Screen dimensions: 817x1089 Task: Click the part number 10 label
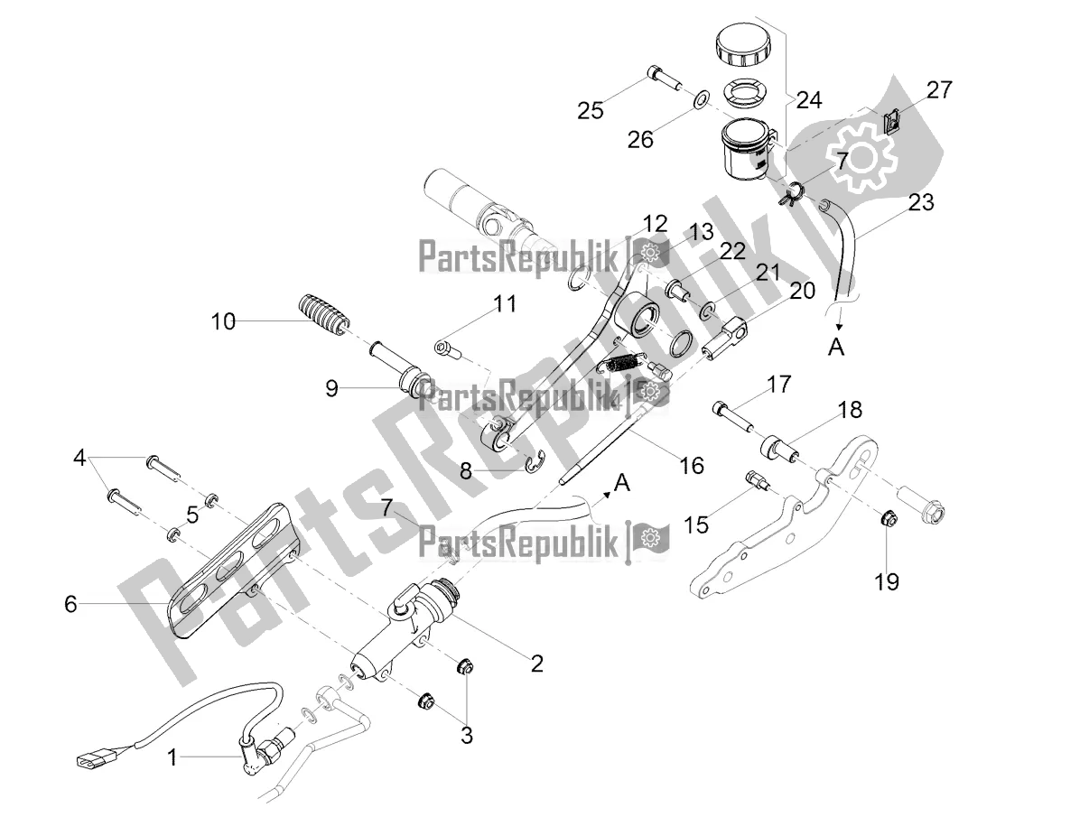[223, 320]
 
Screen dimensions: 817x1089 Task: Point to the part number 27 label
[938, 90]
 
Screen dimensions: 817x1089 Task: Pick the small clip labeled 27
[891, 121]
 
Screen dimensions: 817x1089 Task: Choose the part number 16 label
[691, 466]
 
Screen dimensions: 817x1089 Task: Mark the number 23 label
[920, 202]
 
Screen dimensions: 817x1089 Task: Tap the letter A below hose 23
[837, 348]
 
